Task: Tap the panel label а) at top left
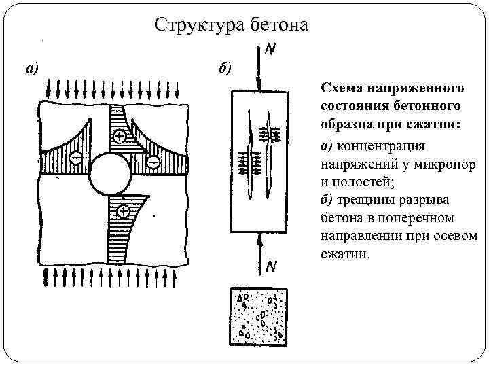33,67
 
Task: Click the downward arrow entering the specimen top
259,68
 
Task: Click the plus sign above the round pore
120,137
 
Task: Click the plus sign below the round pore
123,211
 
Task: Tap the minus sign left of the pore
76,158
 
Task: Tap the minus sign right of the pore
153,161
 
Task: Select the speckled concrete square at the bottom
259,316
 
